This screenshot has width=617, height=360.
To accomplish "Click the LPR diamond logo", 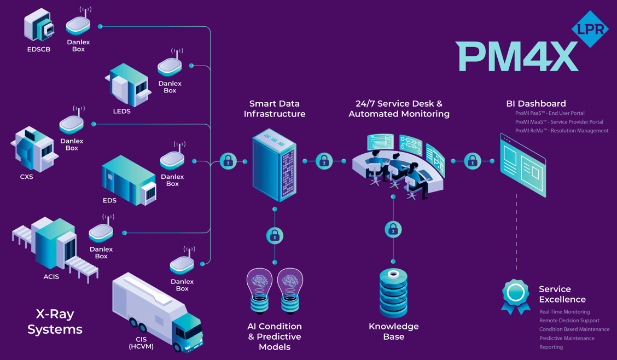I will pos(590,29).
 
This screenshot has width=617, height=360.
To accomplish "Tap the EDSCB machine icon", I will pos(38,26).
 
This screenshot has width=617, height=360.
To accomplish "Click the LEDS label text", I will pos(121,111).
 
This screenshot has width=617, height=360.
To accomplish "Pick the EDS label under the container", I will pos(109,200).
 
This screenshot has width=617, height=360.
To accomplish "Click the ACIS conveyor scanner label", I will pos(51,277).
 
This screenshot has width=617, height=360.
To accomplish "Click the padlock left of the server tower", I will pos(228,161).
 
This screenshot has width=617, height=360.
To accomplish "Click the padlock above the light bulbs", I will pos(275,236).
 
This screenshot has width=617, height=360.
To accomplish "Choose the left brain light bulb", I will pos(259,290).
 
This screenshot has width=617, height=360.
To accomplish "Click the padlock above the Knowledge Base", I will pos(393,229).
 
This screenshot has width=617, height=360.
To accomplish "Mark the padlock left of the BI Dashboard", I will pos(473,161).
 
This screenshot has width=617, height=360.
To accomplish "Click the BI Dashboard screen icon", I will pos(523,165).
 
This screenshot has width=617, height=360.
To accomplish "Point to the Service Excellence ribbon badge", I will pos(515,296).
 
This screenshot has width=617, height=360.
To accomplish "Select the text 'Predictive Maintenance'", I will pos(567,338).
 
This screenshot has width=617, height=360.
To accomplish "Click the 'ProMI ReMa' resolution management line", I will pos(562,131).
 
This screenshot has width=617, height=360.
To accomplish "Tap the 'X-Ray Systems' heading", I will pos(55,322).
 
